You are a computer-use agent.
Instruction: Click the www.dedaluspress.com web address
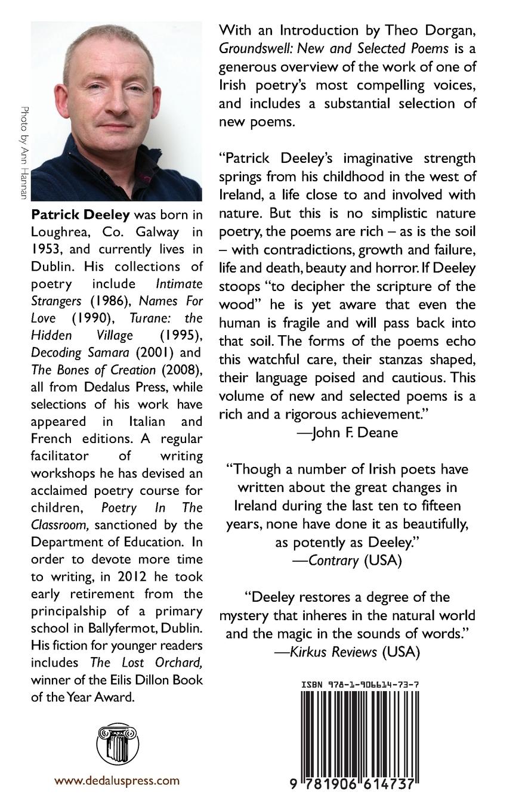[117, 781]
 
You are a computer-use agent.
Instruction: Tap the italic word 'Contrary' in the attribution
[333, 560]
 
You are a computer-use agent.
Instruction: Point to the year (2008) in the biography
[181, 370]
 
